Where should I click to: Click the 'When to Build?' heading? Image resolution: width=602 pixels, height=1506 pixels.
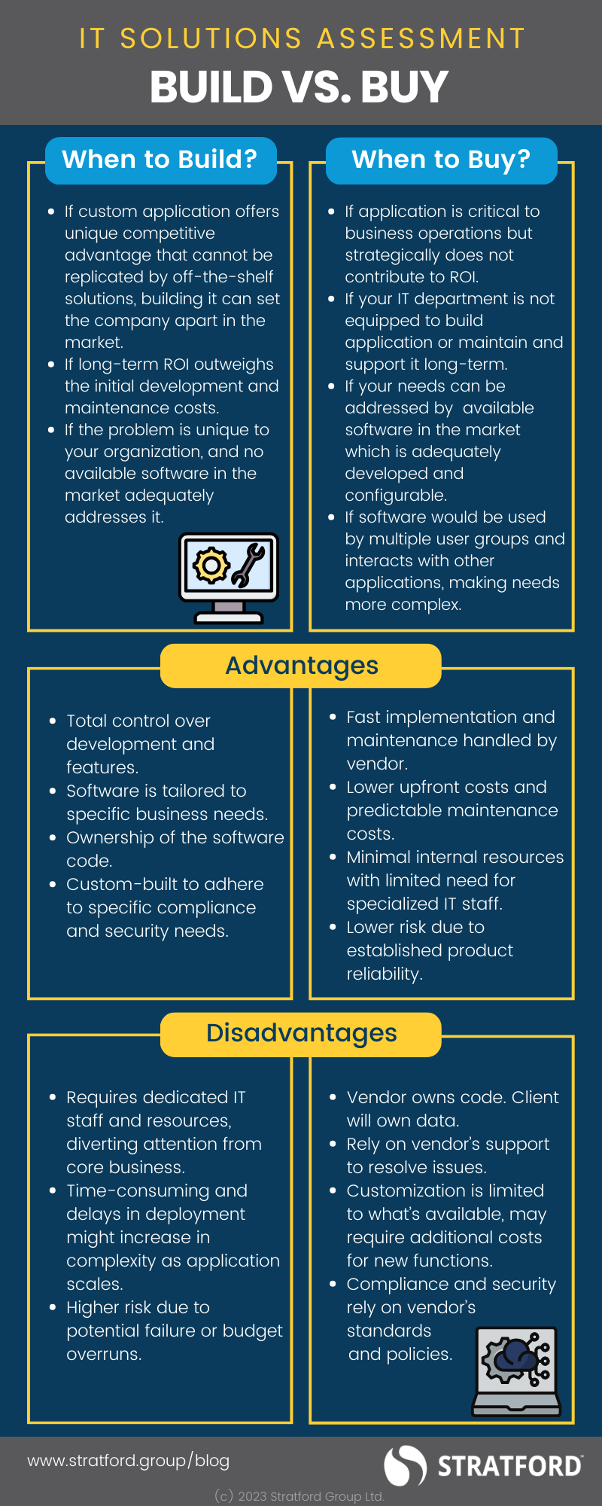pyautogui.click(x=160, y=160)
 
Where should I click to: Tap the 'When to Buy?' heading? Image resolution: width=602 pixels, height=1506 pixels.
pyautogui.click(x=441, y=160)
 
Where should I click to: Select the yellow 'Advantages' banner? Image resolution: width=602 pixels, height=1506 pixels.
pyautogui.click(x=301, y=666)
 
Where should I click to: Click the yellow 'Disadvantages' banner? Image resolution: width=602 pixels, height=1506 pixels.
pyautogui.click(x=301, y=1033)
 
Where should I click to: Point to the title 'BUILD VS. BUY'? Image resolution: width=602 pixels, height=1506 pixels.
pyautogui.click(x=299, y=87)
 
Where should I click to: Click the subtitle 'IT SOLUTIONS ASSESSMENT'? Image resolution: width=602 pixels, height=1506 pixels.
pyautogui.click(x=302, y=38)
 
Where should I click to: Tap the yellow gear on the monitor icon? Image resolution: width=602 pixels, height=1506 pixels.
pyautogui.click(x=211, y=565)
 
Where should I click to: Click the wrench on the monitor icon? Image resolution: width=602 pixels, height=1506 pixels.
pyautogui.click(x=248, y=564)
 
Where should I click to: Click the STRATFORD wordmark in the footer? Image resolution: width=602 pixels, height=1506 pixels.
pyautogui.click(x=509, y=1466)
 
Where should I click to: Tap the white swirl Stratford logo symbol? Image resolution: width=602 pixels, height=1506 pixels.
pyautogui.click(x=406, y=1465)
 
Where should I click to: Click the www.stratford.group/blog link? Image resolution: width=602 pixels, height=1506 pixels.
pyautogui.click(x=129, y=1461)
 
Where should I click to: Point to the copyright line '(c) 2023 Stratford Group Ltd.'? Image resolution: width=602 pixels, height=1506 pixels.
pyautogui.click(x=299, y=1496)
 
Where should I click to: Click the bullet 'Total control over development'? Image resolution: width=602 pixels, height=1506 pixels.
pyautogui.click(x=138, y=721)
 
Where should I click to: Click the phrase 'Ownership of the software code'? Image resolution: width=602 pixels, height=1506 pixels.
pyautogui.click(x=175, y=837)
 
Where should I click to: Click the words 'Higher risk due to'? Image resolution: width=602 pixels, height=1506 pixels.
pyautogui.click(x=138, y=1307)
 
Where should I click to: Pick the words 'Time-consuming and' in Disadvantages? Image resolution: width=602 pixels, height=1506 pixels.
pyautogui.click(x=157, y=1190)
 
